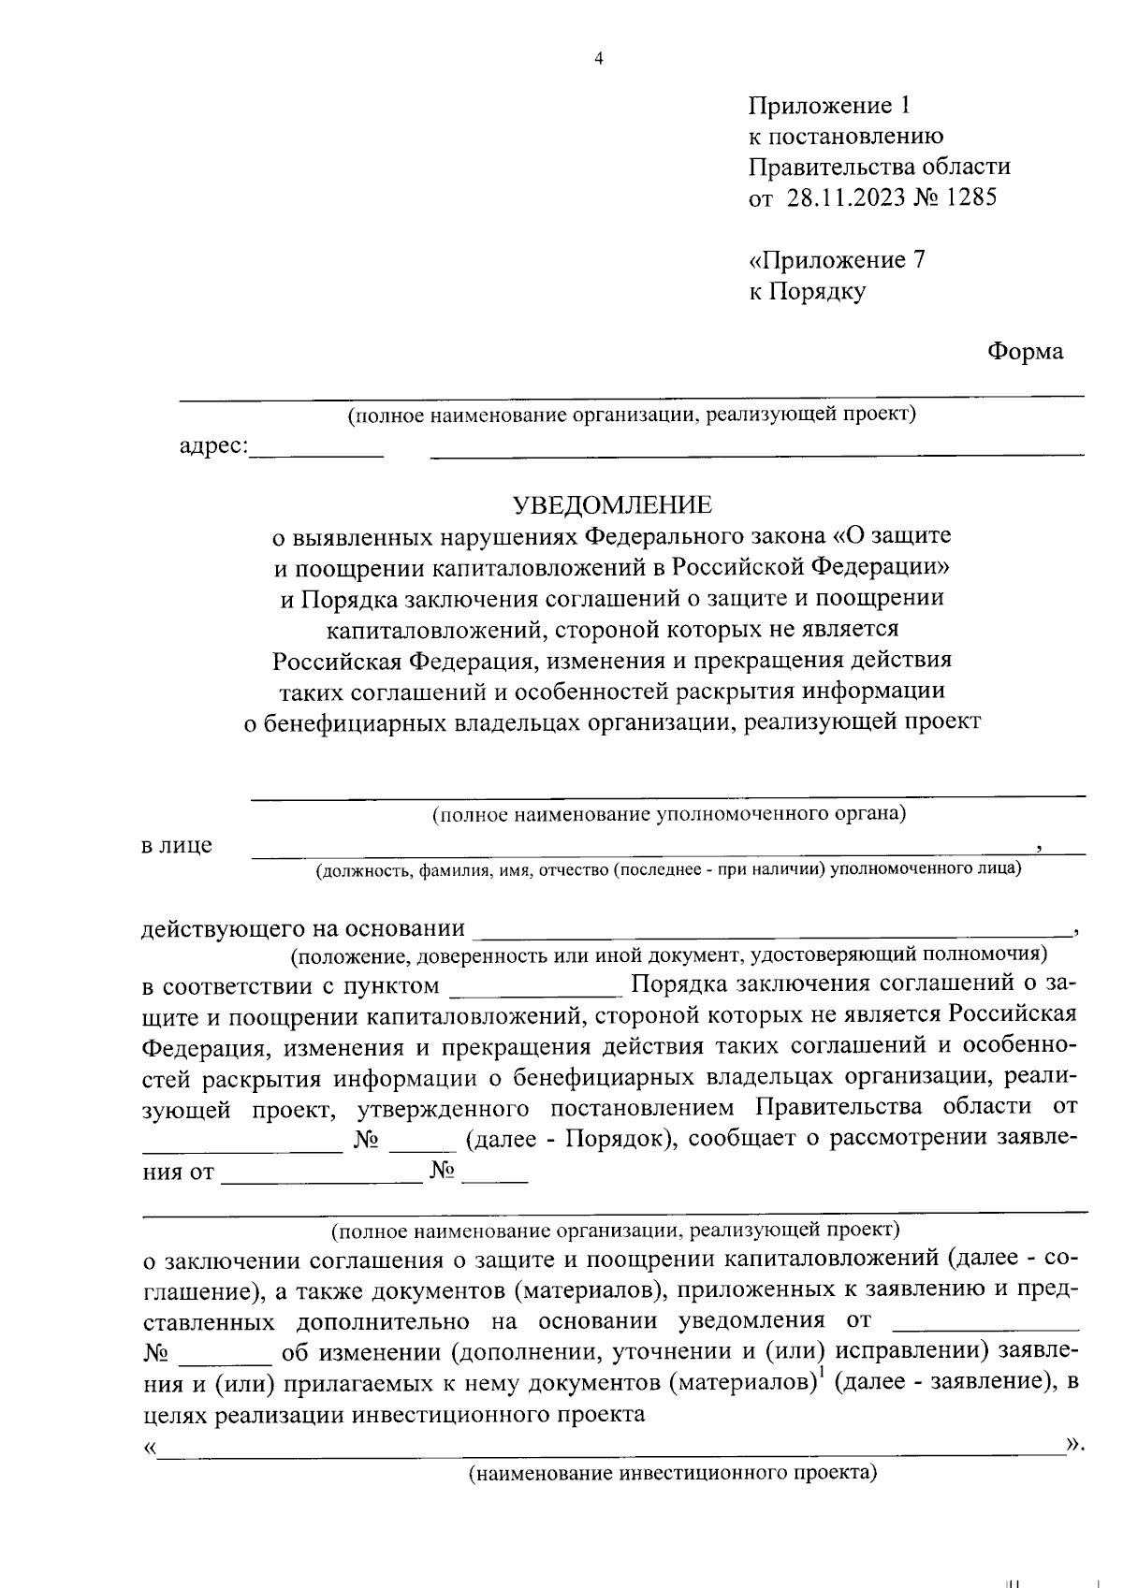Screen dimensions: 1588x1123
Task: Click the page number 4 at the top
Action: pos(599,59)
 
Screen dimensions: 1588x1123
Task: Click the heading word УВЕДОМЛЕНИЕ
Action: pos(612,505)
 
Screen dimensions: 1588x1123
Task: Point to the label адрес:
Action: pos(213,446)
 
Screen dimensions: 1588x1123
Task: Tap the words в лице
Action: pos(177,846)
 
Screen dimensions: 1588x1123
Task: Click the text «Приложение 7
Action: pos(837,260)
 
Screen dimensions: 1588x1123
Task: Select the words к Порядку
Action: pos(807,291)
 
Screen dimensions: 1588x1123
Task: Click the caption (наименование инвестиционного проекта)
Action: pos(672,1474)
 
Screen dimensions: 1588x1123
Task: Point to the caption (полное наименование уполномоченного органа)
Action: pos(668,813)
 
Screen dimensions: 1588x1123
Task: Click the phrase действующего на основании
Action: pos(302,929)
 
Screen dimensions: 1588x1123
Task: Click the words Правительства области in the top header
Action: pos(879,167)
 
